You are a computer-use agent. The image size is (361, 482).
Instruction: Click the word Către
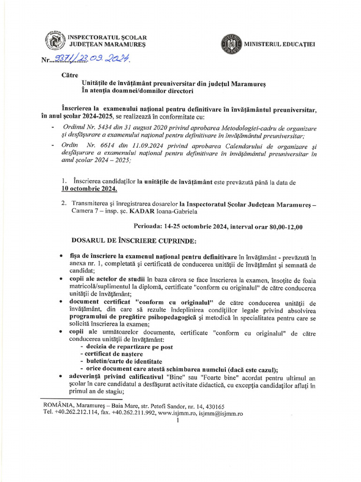pos(71,75)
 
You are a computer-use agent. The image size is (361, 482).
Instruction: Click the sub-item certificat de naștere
pos(110,354)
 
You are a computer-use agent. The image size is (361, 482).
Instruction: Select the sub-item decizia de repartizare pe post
pos(126,347)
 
